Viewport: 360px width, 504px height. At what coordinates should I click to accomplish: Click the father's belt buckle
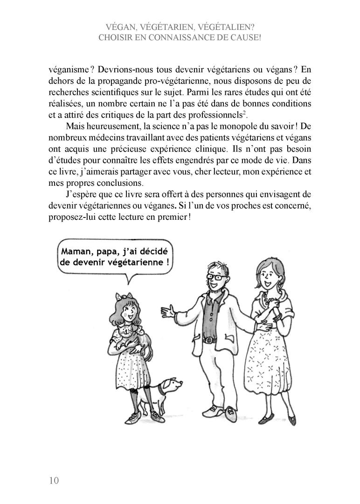click(x=208, y=340)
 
